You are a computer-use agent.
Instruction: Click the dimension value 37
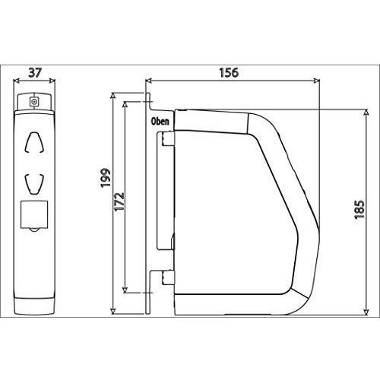tap(33, 73)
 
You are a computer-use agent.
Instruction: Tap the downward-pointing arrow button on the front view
tap(33, 182)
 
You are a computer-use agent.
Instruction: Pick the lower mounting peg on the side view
tap(166, 278)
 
